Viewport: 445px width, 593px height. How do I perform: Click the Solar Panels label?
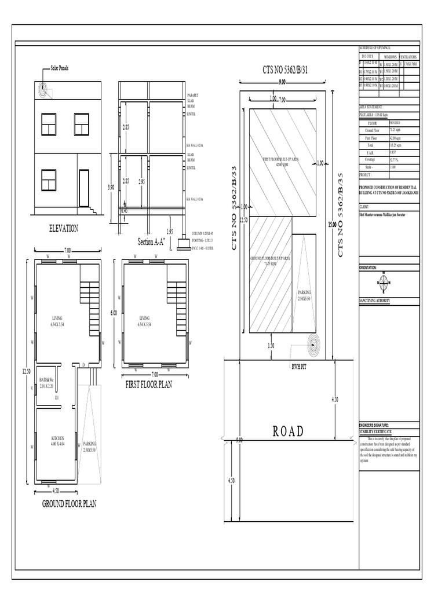click(x=60, y=68)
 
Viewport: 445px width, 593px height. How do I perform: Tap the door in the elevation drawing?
click(x=84, y=188)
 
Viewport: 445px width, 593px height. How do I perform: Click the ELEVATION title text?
click(x=63, y=229)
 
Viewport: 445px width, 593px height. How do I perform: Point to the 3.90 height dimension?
click(x=111, y=188)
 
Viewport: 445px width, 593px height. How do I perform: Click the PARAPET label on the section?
click(x=193, y=95)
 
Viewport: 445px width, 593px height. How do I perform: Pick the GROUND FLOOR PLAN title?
click(x=69, y=504)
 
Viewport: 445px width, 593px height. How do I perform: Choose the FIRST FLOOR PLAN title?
click(x=149, y=385)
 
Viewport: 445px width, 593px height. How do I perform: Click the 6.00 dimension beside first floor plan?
click(x=114, y=313)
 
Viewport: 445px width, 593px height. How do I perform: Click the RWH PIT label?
click(x=299, y=367)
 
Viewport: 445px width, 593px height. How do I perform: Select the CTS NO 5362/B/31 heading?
click(x=282, y=71)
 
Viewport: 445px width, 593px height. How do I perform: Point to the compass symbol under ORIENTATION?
click(x=383, y=283)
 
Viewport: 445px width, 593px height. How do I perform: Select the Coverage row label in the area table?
click(x=370, y=159)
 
